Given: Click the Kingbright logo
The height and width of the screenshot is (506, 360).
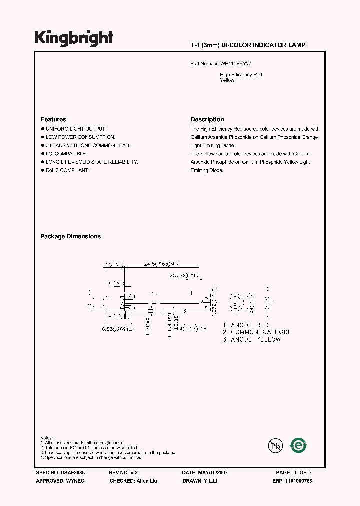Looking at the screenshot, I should click(73, 38).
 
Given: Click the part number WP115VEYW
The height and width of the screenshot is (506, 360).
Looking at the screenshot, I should click(239, 64).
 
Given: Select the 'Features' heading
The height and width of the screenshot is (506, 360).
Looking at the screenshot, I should click(53, 119).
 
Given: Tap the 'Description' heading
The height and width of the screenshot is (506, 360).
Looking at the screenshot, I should click(207, 119).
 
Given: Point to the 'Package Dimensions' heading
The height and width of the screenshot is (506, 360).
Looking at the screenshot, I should click(70, 236).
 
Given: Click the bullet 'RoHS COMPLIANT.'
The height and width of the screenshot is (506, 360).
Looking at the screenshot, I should click(67, 170).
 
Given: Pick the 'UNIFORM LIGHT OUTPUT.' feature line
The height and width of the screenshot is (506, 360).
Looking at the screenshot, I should click(76, 129).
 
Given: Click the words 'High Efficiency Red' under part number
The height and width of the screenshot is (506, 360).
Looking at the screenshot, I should click(241, 75).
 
